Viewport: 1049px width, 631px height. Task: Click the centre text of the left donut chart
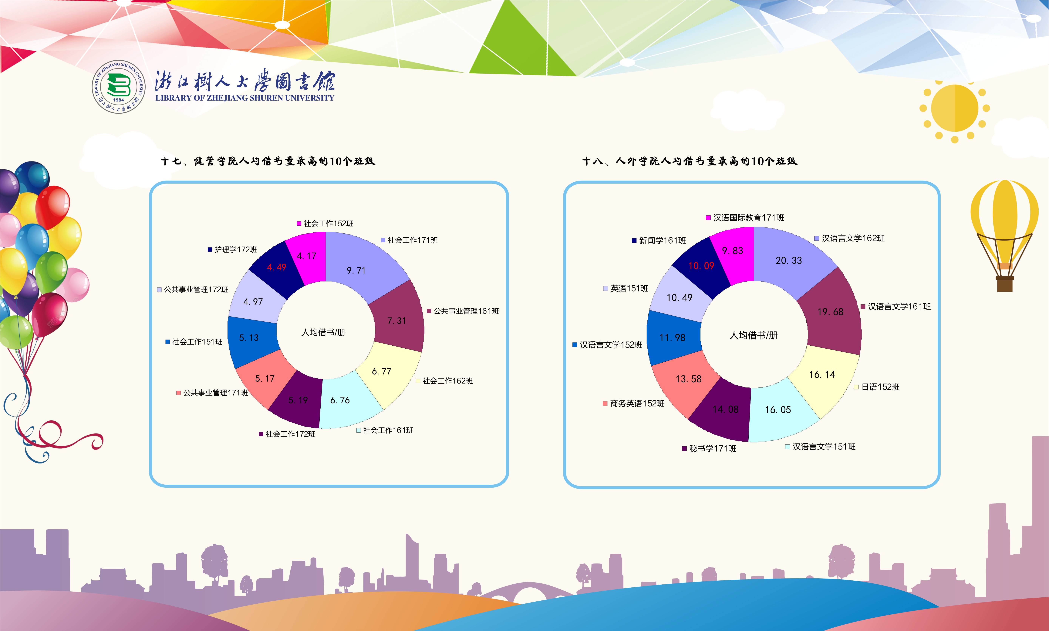(323, 333)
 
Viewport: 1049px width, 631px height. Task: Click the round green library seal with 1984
(119, 87)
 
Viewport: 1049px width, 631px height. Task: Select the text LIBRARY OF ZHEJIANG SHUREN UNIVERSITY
(245, 98)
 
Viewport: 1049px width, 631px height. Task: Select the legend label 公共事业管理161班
(463, 311)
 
